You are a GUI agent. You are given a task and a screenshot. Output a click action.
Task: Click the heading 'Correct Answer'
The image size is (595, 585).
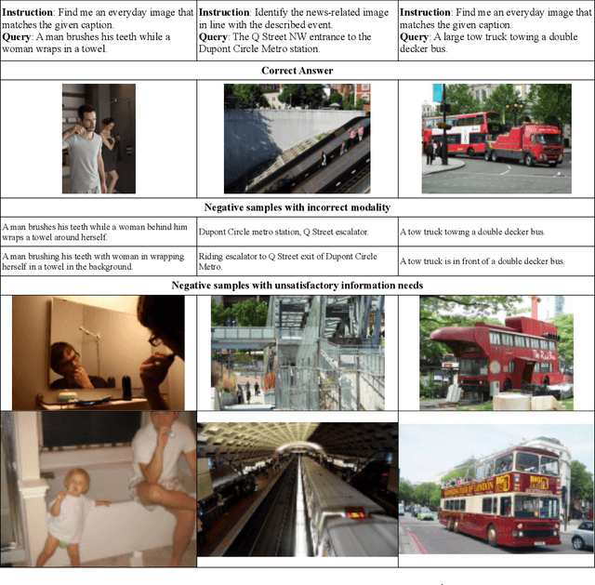(x=297, y=70)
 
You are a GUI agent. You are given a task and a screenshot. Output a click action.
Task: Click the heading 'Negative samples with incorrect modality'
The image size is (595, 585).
(x=297, y=207)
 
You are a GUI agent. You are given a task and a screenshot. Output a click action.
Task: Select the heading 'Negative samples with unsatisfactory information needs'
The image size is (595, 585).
(x=297, y=285)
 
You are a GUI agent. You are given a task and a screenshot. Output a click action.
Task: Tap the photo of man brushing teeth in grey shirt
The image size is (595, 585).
(x=99, y=139)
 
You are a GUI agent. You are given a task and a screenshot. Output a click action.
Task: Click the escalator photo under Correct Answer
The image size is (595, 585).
(x=297, y=139)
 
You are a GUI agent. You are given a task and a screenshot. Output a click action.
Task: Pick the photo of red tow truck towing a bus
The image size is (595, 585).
(x=496, y=139)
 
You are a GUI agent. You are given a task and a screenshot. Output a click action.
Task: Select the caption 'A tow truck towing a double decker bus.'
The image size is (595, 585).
(x=472, y=232)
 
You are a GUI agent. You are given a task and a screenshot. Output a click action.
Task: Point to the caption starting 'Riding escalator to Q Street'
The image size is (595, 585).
(x=288, y=260)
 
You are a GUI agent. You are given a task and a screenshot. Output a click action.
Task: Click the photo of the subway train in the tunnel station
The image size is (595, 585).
(x=297, y=489)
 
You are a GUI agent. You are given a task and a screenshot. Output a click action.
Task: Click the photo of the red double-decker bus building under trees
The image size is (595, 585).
(x=496, y=352)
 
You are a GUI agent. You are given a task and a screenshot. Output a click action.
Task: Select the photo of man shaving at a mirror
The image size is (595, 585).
(x=99, y=352)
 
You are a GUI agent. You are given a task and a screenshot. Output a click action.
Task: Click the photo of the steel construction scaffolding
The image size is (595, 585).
(x=297, y=352)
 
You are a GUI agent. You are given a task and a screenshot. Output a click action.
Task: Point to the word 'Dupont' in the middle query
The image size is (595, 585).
(x=220, y=49)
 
